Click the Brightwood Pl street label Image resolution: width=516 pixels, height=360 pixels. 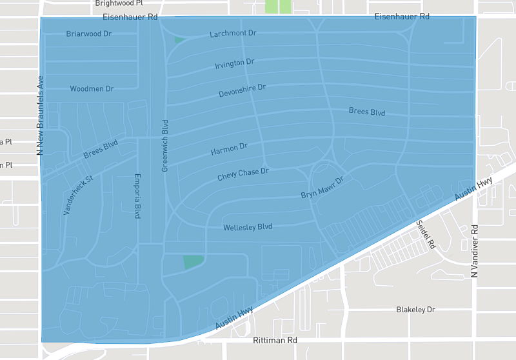coord(119,3)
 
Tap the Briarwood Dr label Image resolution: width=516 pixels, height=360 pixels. coord(89,34)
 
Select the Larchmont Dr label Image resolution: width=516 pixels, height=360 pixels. coord(233,33)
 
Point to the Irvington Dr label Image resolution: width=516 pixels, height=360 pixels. coord(234,63)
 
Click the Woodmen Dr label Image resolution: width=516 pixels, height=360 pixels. coord(92,88)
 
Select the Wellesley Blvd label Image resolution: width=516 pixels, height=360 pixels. coord(248,227)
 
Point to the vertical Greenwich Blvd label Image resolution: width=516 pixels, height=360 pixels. coord(165,145)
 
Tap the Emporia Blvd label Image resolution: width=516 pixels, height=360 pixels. coord(137,196)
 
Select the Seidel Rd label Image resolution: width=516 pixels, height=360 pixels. coord(426,235)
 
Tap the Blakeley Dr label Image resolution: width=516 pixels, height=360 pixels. coord(415,310)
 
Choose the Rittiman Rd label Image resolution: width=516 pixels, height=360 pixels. coord(274,340)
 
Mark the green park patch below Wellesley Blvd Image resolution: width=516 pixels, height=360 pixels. coord(193,261)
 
